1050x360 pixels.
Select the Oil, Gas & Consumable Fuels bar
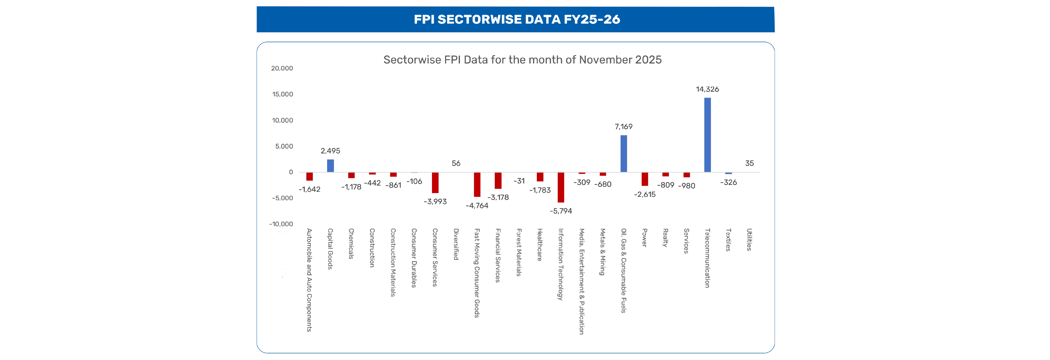pos(623,154)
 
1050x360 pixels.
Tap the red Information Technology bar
pos(560,187)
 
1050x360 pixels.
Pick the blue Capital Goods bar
pos(330,166)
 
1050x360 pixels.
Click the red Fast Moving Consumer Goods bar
pos(477,184)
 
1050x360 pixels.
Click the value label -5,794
pos(560,211)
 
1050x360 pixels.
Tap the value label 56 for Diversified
pos(456,163)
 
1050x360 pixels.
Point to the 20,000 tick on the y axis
pos(282,68)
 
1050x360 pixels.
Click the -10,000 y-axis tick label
pos(281,224)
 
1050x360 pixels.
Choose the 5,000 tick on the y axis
pos(284,146)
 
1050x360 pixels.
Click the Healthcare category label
pos(539,245)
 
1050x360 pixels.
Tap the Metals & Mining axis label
pos(602,252)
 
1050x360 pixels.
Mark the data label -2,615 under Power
pos(644,194)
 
